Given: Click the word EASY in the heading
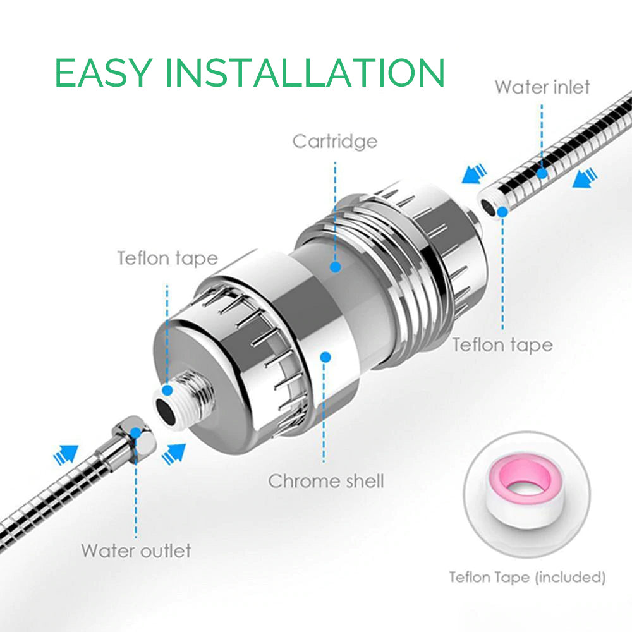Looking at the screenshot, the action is click(x=104, y=73).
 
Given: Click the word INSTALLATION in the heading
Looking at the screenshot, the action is click(x=305, y=73).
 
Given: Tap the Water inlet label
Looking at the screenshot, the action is click(x=542, y=87).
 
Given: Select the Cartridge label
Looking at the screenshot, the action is click(x=335, y=142).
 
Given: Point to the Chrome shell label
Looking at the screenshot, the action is click(x=326, y=481).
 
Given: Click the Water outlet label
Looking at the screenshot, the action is click(x=137, y=550).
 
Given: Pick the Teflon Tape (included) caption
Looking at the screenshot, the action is click(x=527, y=578).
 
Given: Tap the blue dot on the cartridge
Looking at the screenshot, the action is click(x=336, y=267).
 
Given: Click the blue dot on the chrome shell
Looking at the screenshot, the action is click(x=325, y=357).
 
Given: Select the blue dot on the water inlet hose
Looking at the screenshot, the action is click(x=542, y=173).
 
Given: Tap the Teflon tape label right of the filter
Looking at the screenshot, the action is click(x=502, y=346).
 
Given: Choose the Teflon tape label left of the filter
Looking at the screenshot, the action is click(x=167, y=258).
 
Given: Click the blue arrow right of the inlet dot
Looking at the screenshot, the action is click(x=585, y=179).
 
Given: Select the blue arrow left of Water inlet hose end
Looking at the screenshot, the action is click(x=474, y=174).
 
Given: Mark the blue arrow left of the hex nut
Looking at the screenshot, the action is click(x=65, y=454).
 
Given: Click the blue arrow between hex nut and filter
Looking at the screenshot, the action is click(x=174, y=454).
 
